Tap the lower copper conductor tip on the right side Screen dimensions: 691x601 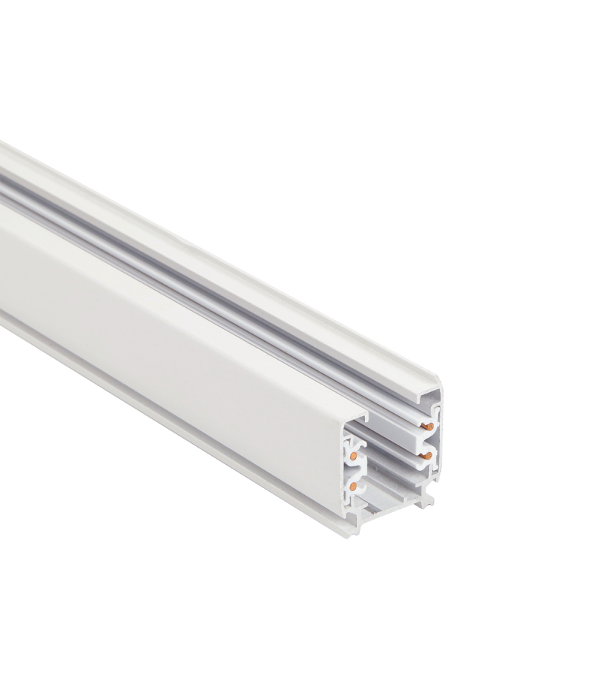pyautogui.click(x=427, y=455)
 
